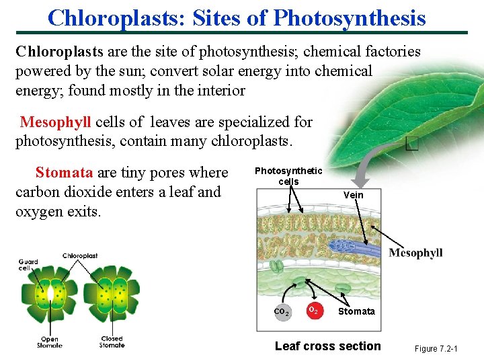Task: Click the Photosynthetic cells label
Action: [288, 176]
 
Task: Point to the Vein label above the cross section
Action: [353, 195]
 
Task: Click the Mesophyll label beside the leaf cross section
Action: [415, 253]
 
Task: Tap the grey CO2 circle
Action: [282, 312]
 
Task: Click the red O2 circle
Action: [313, 311]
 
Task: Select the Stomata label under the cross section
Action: [356, 311]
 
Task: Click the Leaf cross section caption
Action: [327, 346]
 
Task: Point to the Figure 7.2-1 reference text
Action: [436, 349]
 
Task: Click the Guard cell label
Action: [28, 265]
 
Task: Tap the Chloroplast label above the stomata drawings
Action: [80, 256]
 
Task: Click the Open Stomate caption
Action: [49, 341]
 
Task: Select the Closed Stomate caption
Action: [112, 341]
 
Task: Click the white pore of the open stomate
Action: [49, 294]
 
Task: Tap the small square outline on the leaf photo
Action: [413, 144]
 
